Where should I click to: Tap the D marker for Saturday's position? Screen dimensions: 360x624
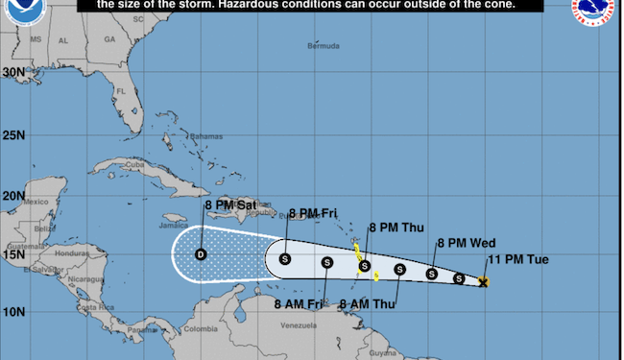point(201,254)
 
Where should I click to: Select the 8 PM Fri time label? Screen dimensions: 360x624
point(315,213)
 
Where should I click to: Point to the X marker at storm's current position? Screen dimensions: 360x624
point(484,282)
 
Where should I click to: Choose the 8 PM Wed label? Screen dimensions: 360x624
point(466,243)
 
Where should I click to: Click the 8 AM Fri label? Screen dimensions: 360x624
point(300,304)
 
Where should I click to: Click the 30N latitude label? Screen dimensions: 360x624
point(13,72)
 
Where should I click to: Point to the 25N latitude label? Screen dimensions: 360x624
point(13,134)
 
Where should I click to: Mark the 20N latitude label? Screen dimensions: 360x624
point(13,196)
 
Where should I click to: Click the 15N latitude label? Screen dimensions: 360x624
point(13,254)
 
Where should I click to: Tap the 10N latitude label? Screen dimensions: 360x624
point(13,312)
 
